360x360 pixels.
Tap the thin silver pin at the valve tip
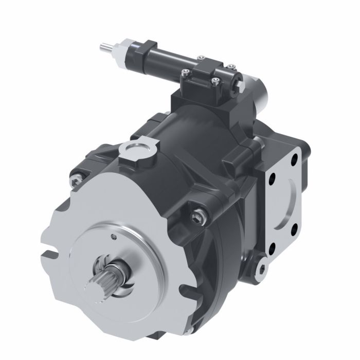click(x=104, y=47)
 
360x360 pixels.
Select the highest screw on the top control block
click(x=230, y=66)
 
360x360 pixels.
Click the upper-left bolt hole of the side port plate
click(x=271, y=180)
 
